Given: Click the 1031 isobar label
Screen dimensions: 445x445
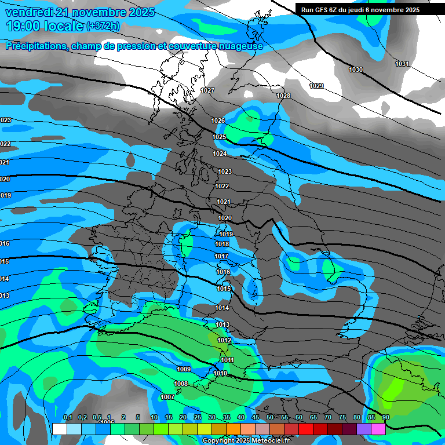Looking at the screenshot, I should [x=402, y=64].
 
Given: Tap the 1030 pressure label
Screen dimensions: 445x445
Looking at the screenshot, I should [x=356, y=70].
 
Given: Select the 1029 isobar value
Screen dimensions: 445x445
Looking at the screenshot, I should [x=316, y=86].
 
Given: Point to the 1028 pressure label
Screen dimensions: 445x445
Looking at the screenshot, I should [x=283, y=96].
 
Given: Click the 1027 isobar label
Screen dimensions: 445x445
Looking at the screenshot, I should [x=207, y=90].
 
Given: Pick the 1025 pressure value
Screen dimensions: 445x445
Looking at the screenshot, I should [x=219, y=137].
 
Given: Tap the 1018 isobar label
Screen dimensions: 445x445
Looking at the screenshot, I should [x=222, y=244].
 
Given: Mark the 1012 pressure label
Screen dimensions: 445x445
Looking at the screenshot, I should [x=224, y=340].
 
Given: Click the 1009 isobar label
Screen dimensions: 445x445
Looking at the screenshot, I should [x=184, y=369].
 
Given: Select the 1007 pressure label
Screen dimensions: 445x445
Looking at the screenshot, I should [x=167, y=397].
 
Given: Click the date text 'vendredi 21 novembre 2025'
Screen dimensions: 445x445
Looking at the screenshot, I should [x=80, y=12].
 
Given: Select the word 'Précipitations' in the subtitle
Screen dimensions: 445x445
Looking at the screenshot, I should [x=35, y=46].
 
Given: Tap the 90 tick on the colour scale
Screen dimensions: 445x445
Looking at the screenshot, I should [x=385, y=417].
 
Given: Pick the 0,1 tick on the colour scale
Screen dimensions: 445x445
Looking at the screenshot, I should [x=67, y=417].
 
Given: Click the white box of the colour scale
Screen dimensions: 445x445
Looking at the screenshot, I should [x=59, y=429].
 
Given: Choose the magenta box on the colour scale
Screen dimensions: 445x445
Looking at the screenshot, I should [x=378, y=429].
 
